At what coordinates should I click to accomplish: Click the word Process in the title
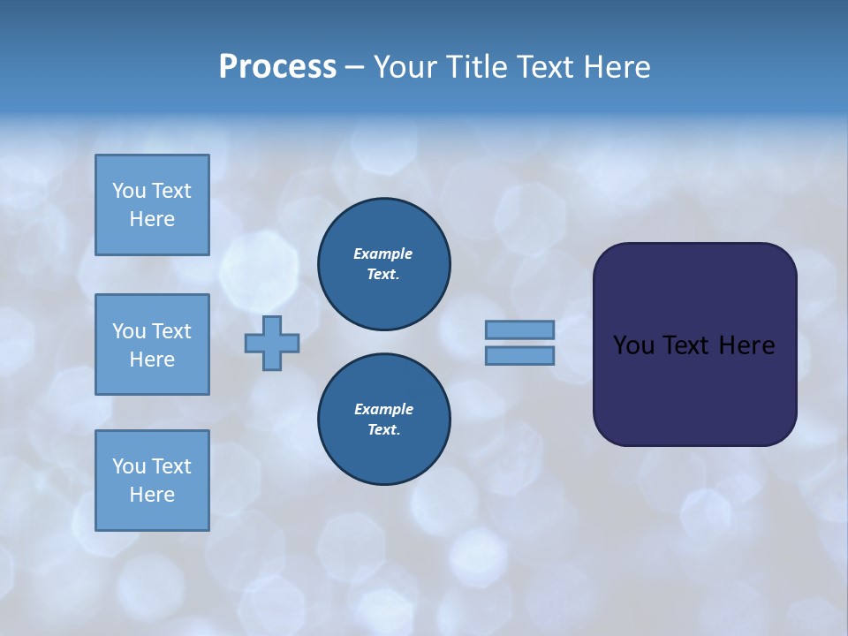pos(277,67)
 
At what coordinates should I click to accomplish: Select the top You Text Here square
pos(152,205)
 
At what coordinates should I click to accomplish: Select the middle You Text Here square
pos(152,344)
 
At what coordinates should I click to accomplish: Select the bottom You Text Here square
pos(152,481)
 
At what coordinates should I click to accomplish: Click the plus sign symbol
pos(272,343)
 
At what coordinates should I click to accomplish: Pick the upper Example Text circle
pos(384,263)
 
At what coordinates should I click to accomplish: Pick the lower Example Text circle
pos(384,419)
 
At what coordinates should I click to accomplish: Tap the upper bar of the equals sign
pos(519,329)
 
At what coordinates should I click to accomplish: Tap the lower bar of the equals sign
pos(519,355)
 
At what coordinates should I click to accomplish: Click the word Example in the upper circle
pos(383,254)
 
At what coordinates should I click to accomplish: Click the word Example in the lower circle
pos(383,409)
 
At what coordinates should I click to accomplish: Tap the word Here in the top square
pos(152,219)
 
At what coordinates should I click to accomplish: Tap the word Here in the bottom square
pos(152,495)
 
